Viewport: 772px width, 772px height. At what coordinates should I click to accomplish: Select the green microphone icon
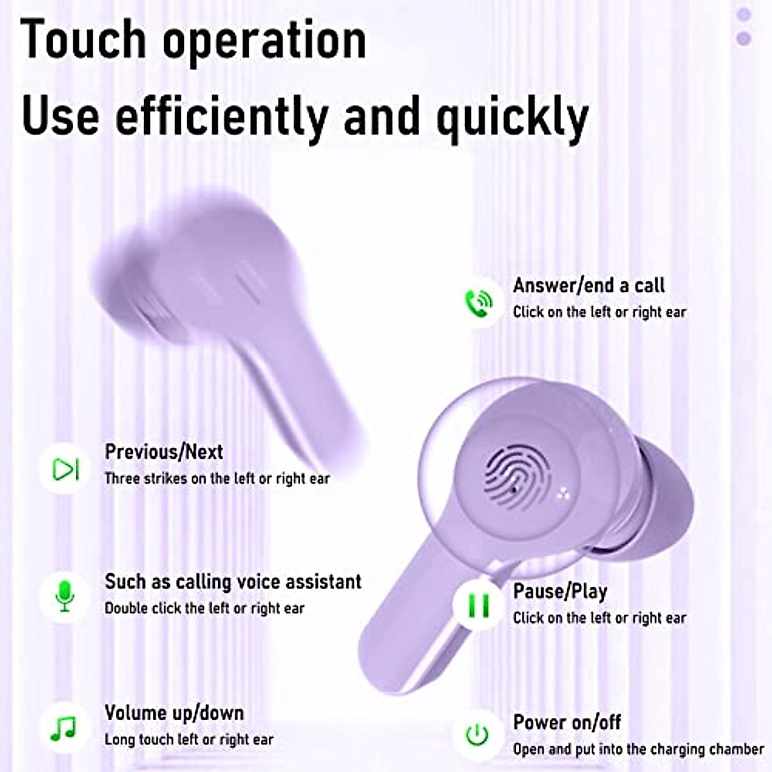pyautogui.click(x=64, y=596)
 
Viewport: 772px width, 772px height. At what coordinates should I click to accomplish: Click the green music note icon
pyautogui.click(x=64, y=728)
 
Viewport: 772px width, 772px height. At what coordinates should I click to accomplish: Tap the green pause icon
pyautogui.click(x=478, y=605)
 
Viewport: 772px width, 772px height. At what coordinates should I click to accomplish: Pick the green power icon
pyautogui.click(x=477, y=734)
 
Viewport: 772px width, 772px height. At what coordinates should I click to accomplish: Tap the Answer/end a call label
pyautogui.click(x=589, y=285)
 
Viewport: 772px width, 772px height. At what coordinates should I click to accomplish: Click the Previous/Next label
pyautogui.click(x=164, y=452)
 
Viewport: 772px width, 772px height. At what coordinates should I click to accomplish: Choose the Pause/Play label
pyautogui.click(x=560, y=591)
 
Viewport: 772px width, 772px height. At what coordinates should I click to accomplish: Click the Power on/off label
pyautogui.click(x=567, y=722)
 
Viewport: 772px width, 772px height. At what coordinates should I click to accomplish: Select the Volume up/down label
pyautogui.click(x=174, y=713)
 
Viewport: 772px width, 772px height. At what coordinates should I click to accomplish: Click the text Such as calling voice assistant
pyautogui.click(x=233, y=582)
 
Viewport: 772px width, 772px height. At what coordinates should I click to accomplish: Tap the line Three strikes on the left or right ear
pyautogui.click(x=217, y=479)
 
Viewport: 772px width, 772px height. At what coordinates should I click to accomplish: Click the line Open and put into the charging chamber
pyautogui.click(x=638, y=749)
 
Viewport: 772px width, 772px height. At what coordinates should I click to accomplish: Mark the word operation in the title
pyautogui.click(x=264, y=40)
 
